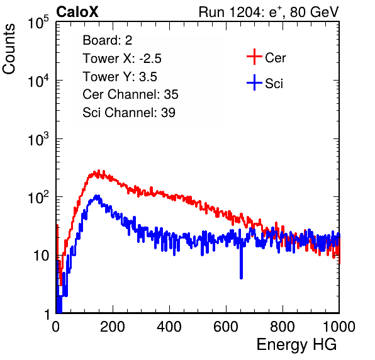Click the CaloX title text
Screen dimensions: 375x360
[77, 12]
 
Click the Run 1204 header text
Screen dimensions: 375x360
[269, 12]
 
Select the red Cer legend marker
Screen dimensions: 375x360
[254, 57]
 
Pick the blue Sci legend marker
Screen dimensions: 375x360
[254, 82]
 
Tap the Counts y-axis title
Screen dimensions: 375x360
[9, 49]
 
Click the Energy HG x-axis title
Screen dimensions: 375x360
[296, 344]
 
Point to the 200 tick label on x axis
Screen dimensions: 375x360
[113, 327]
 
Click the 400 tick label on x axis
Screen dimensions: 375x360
[169, 327]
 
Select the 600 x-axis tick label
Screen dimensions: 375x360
[226, 327]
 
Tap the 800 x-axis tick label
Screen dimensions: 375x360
[283, 327]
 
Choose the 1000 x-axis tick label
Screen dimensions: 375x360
[339, 327]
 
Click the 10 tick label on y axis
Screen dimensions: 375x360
[42, 256]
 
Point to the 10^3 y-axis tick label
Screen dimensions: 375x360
[38, 139]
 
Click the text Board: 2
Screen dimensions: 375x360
[108, 40]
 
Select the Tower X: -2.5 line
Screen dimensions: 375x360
[122, 59]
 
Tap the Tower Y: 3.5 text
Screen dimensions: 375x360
[120, 77]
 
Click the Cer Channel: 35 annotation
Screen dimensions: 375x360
[130, 94]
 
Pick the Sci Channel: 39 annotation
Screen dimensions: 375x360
[129, 113]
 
